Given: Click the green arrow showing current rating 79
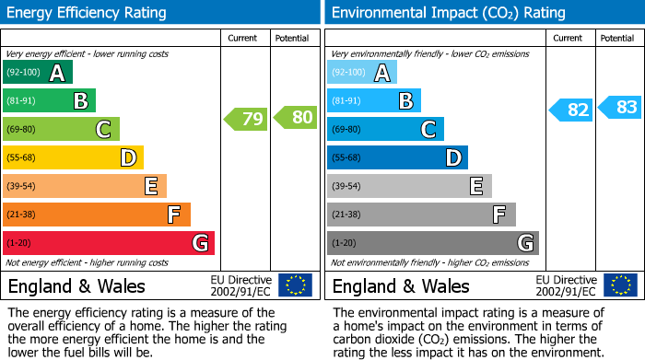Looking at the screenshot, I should (246, 118).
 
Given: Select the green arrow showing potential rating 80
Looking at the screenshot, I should (295, 117).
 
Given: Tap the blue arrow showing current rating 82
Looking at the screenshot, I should (571, 110).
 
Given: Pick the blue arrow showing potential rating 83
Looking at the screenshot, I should (620, 108).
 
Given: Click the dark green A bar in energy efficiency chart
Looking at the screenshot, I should (37, 73).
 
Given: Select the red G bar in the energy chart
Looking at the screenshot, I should (109, 243).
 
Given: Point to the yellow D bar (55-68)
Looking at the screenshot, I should (73, 158).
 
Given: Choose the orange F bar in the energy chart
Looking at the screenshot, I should (97, 215).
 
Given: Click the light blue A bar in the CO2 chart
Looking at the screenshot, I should (361, 73).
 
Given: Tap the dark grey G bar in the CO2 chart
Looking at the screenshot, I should (432, 243).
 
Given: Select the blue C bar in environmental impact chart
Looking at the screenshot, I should (385, 130).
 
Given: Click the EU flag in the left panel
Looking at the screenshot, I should (295, 285).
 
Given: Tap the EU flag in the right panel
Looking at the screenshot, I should (619, 285).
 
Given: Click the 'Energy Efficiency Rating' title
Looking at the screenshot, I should (88, 13).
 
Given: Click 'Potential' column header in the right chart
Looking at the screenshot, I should (616, 38).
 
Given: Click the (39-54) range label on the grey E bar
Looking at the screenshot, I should (346, 187).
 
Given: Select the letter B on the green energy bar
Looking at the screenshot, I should (81, 101).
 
